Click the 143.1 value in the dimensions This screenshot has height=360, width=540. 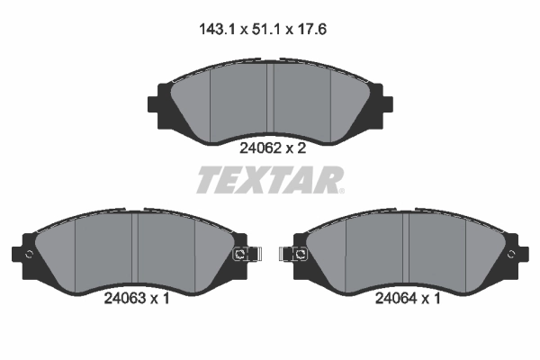click(x=217, y=29)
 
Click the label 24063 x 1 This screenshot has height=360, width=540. click(x=134, y=300)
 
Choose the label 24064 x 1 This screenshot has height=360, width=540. click(x=407, y=300)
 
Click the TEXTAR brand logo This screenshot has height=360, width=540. click(x=268, y=181)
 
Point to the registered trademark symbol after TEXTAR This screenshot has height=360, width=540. click(x=341, y=189)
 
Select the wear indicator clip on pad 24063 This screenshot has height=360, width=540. click(x=242, y=255)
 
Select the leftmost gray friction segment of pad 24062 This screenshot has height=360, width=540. click(x=191, y=103)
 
